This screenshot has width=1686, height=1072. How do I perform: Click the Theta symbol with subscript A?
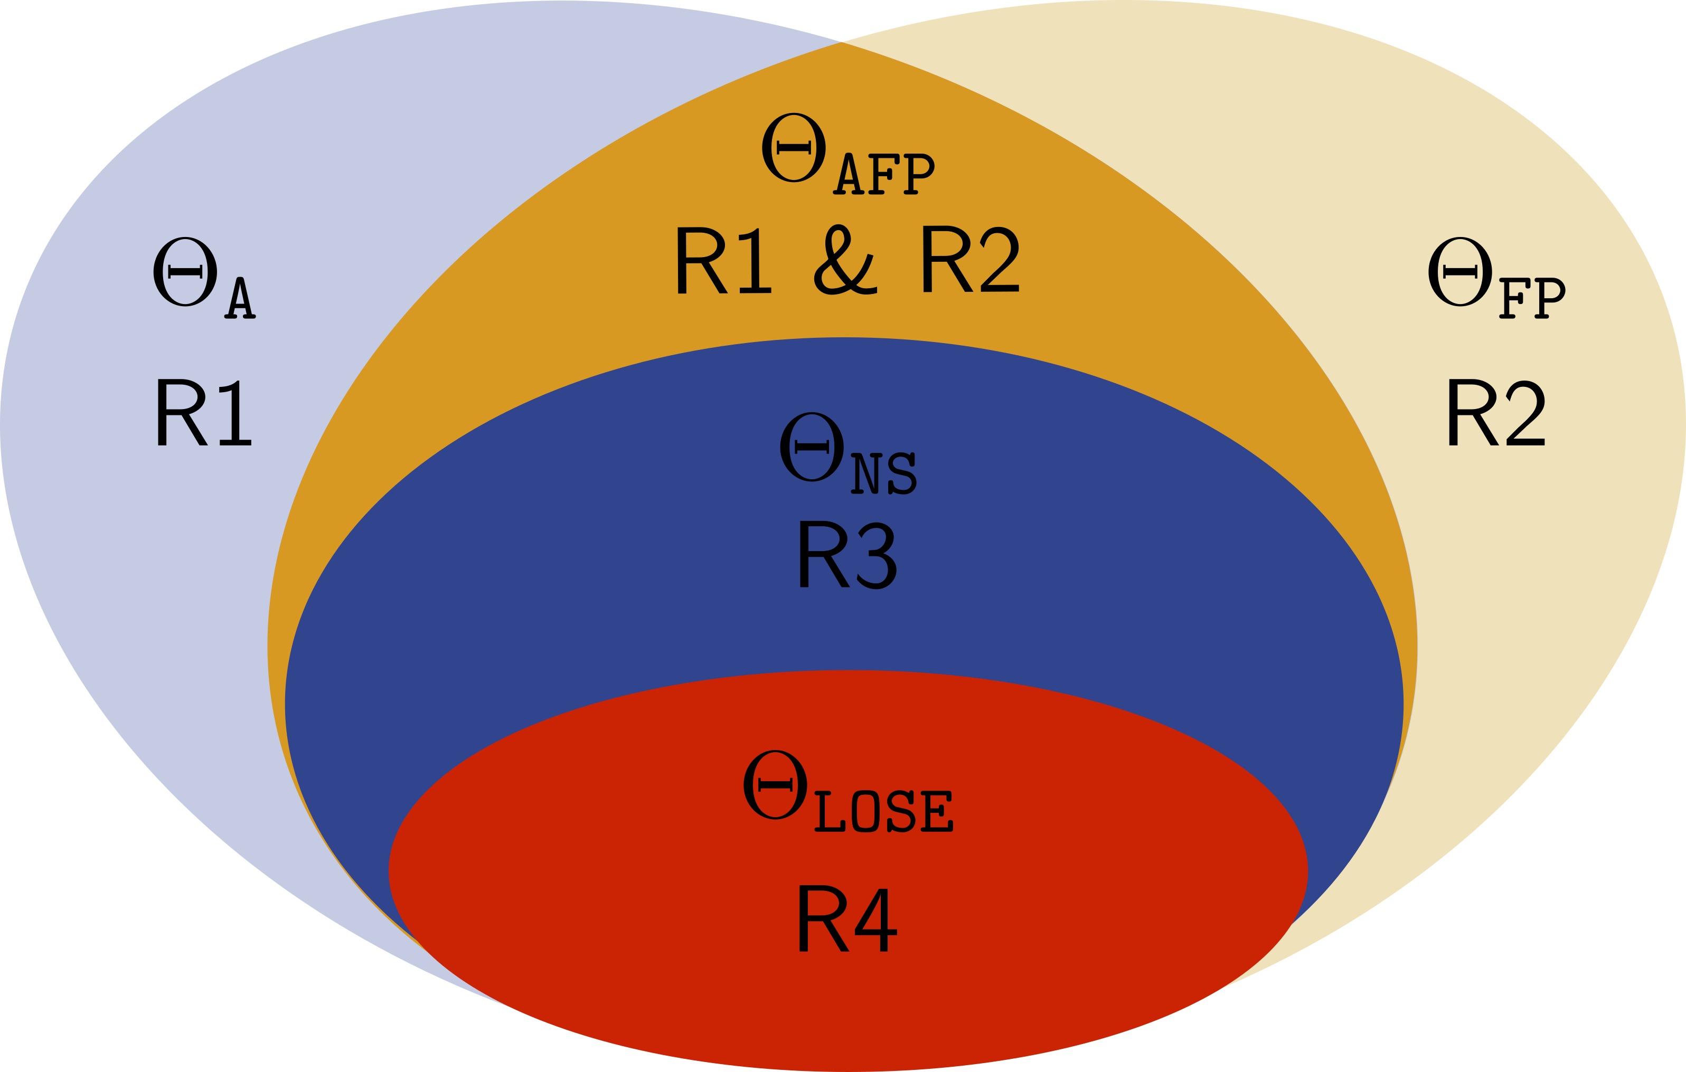[185, 272]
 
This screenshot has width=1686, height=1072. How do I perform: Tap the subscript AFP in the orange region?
[883, 174]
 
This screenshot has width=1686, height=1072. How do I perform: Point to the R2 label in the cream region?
[1495, 413]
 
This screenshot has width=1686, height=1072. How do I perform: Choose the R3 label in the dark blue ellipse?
[846, 555]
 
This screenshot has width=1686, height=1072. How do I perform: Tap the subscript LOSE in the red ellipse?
[883, 812]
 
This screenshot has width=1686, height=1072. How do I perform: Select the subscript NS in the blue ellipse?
[883, 474]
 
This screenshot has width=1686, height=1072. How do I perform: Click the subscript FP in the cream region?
[1532, 298]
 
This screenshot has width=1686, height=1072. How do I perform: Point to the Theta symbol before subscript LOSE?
[775, 784]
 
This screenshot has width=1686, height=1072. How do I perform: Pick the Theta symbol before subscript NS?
[812, 447]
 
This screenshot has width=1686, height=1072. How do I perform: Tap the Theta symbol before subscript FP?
[1461, 272]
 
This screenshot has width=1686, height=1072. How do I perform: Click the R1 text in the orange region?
[723, 260]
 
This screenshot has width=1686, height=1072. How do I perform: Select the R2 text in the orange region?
[970, 260]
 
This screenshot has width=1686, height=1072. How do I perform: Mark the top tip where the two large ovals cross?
[842, 42]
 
